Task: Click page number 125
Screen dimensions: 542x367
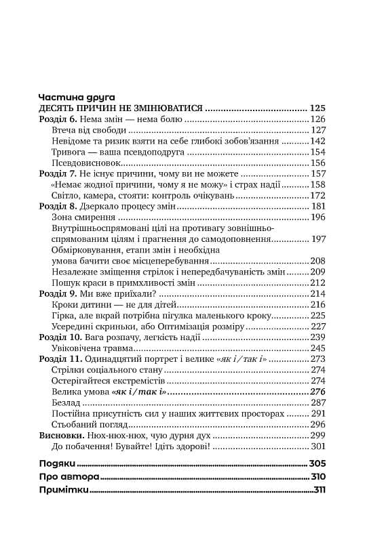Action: (x=317, y=108)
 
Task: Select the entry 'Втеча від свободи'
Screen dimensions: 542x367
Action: (x=88, y=130)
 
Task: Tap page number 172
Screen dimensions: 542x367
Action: (x=318, y=196)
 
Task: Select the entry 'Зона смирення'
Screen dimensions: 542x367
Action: (x=82, y=217)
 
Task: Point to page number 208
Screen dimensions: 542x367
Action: (x=318, y=261)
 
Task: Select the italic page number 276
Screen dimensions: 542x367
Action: (x=318, y=392)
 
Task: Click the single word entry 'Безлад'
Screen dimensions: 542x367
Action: (x=66, y=402)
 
